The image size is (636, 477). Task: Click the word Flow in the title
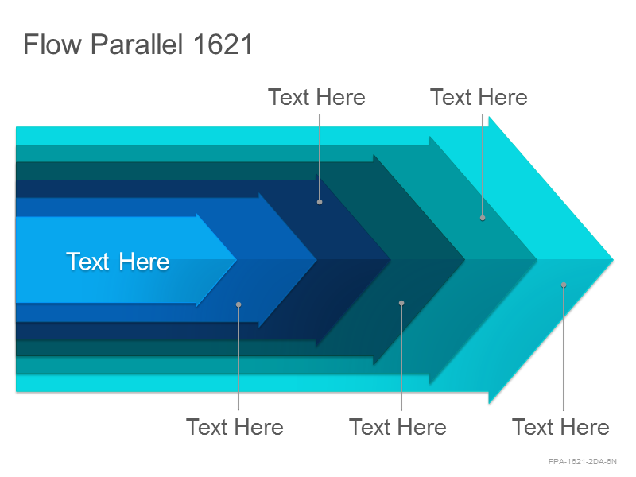(52, 44)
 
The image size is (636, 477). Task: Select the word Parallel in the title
(137, 45)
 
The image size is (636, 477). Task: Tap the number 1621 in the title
(223, 45)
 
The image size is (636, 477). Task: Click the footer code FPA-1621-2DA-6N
(583, 462)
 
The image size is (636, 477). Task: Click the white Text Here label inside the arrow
(118, 262)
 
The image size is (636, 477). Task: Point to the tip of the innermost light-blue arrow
(236, 260)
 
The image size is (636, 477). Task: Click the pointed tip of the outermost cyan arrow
(613, 260)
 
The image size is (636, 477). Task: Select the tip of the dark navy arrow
(390, 260)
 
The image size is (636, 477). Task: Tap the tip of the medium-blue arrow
(316, 260)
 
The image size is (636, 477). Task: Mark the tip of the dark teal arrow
(465, 260)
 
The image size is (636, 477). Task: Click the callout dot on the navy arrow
(320, 202)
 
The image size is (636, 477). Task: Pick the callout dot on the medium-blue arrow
(238, 304)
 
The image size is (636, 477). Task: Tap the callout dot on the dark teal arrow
(401, 303)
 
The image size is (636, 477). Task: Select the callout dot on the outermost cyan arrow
(564, 285)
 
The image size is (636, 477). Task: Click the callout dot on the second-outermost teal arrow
(483, 218)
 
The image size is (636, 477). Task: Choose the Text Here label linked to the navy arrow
(316, 97)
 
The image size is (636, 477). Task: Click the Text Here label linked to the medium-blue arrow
(235, 427)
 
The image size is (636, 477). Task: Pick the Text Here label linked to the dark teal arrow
(398, 427)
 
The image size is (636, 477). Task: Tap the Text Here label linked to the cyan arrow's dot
(560, 427)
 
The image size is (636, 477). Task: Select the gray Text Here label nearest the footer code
(560, 427)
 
